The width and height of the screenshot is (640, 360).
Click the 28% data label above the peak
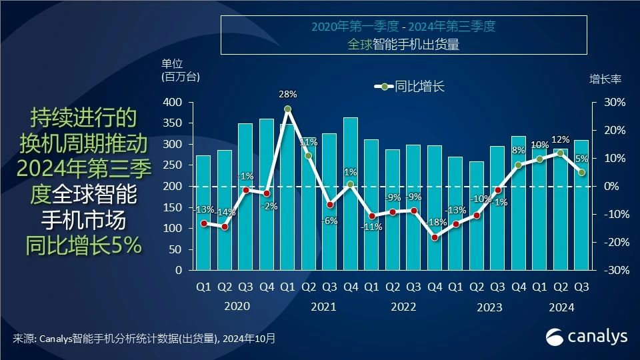pyautogui.click(x=287, y=95)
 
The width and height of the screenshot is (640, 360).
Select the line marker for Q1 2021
pyautogui.click(x=287, y=109)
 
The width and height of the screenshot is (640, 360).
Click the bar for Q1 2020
pyautogui.click(x=203, y=213)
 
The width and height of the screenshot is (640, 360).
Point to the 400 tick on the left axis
pyautogui.click(x=172, y=103)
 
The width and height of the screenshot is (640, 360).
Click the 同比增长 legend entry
pyautogui.click(x=411, y=86)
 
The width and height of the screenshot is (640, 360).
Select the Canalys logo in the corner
pyautogui.click(x=587, y=336)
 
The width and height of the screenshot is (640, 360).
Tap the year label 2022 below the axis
pyautogui.click(x=403, y=307)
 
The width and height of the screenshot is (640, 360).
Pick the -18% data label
pyautogui.click(x=435, y=222)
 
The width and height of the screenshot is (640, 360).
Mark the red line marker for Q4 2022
pyautogui.click(x=435, y=237)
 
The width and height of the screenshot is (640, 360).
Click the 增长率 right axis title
pyautogui.click(x=605, y=79)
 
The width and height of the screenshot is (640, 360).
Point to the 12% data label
pyautogui.click(x=561, y=139)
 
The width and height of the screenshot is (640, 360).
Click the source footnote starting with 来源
pyautogui.click(x=143, y=339)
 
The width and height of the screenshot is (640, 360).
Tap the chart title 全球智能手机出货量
pyautogui.click(x=404, y=45)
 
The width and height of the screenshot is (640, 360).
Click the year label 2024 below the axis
pyautogui.click(x=561, y=307)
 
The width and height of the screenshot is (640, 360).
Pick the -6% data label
pyautogui.click(x=329, y=221)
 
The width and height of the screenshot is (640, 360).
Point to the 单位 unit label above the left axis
pyautogui.click(x=172, y=64)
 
